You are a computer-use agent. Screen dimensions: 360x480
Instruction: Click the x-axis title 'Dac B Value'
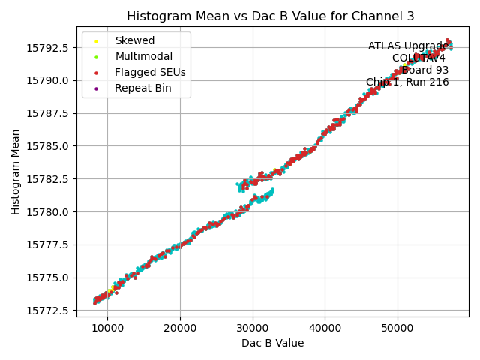pos(272,343)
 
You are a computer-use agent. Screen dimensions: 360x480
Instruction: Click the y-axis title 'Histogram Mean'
pos(16,172)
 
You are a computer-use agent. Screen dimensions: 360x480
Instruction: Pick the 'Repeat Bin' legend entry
pos(142,88)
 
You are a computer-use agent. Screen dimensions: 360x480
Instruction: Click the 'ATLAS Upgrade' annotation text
pos(408,46)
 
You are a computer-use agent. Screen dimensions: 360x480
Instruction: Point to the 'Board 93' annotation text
pos(424,70)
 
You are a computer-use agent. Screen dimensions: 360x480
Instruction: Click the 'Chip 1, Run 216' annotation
pos(407,82)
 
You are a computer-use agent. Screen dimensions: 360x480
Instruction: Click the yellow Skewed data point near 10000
pos(111,289)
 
